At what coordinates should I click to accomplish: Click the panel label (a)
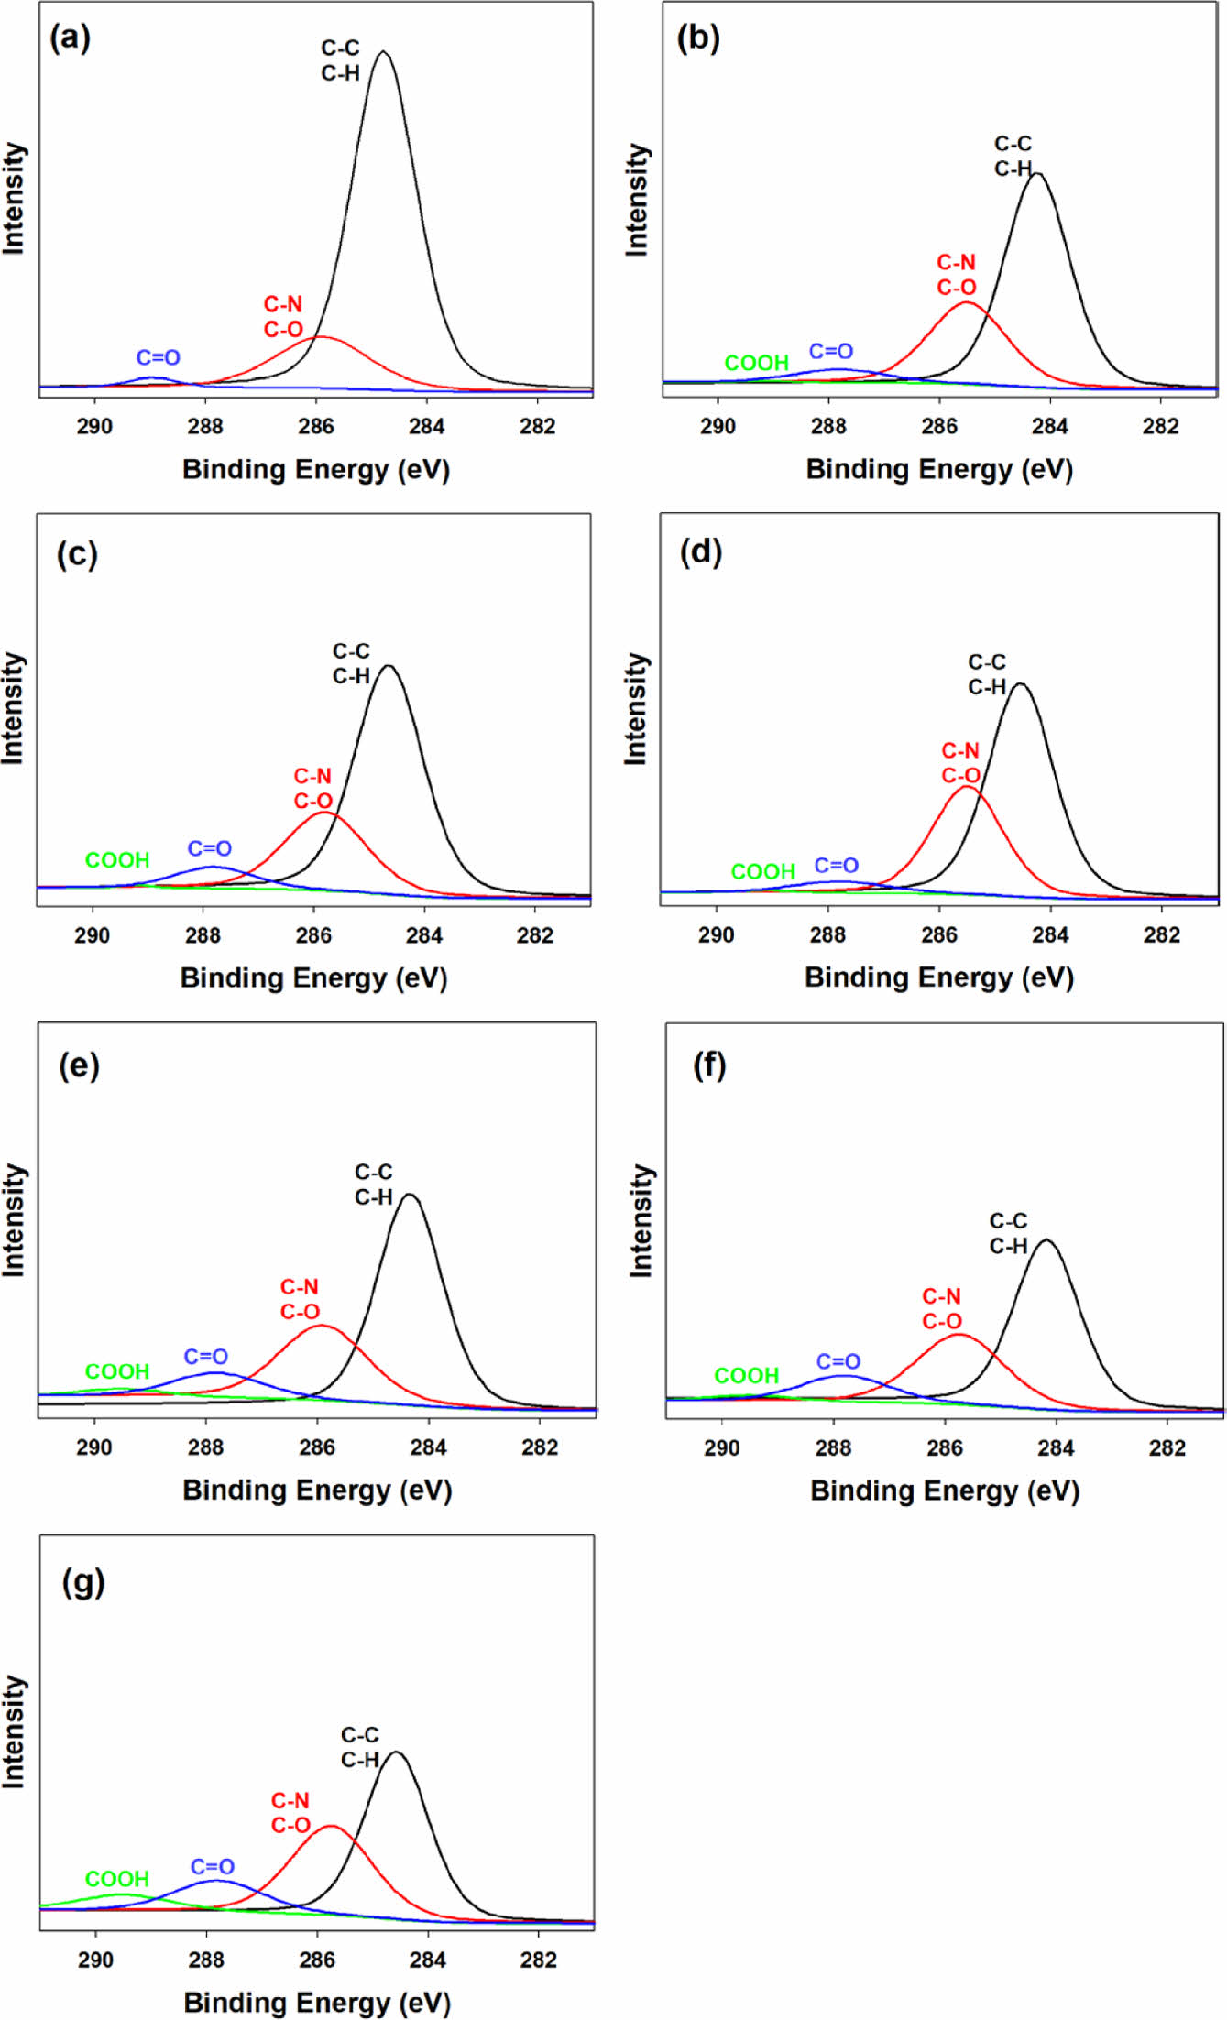pos(70,38)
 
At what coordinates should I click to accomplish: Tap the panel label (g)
pos(83,1582)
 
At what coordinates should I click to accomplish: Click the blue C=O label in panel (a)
pos(159,358)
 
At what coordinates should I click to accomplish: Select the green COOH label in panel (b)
pos(756,363)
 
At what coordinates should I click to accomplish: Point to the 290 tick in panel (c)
pos(92,935)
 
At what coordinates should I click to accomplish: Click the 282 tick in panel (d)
pos(1162,935)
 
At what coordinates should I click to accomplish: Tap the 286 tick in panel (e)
pos(317,1447)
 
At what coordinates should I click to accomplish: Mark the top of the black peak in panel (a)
pos(384,52)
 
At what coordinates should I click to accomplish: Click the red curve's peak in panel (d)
pos(966,787)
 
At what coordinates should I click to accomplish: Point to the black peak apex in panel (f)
pos(1046,1240)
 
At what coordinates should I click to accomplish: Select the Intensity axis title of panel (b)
pos(637,200)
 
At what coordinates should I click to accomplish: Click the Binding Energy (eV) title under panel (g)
pos(317,2002)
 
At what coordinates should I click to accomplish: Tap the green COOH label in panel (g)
pos(117,1879)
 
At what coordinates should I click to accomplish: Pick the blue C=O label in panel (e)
pos(206,1357)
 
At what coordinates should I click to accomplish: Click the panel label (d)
pos(701,552)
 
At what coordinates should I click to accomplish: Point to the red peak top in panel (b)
pos(966,303)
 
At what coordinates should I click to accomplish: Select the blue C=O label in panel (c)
pos(210,848)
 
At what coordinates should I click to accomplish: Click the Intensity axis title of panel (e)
pos(15,1220)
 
